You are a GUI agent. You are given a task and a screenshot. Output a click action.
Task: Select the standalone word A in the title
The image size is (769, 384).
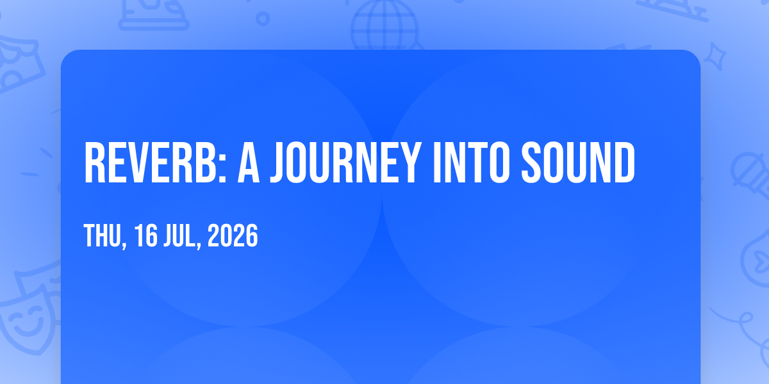pos(249,163)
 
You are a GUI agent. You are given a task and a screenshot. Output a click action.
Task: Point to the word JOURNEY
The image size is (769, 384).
pos(345,163)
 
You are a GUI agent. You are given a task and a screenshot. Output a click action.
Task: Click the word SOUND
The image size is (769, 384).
pos(578,163)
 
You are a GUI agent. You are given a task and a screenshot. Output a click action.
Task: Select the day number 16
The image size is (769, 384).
pos(146,236)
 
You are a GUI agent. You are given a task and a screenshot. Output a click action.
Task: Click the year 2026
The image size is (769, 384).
pos(233,236)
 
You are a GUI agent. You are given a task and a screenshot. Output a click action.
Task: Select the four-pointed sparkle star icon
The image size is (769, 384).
pos(715,56)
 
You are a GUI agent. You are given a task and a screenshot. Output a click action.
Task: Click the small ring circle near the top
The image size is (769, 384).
pos(263,19)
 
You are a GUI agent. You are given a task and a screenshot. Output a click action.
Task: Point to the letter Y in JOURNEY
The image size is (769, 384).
pos(409,163)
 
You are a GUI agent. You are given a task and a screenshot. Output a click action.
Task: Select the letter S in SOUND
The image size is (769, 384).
pos(531,163)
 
